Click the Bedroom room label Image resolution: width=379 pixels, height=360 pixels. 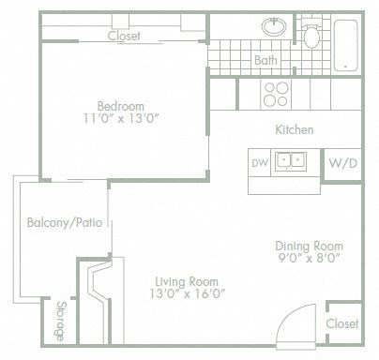(122, 104)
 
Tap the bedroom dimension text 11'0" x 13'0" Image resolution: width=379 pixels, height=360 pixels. (122, 119)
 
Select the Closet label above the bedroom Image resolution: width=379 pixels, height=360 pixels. (124, 37)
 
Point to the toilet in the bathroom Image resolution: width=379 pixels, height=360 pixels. (312, 35)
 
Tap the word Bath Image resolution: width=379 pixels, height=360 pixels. (265, 61)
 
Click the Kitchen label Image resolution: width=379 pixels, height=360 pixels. (294, 129)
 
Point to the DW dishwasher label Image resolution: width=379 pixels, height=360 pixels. (260, 162)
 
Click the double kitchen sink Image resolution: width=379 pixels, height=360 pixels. (296, 160)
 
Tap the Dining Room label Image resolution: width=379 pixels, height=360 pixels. (307, 246)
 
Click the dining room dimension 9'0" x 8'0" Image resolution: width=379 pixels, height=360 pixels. (307, 259)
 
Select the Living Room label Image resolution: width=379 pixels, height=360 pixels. (187, 281)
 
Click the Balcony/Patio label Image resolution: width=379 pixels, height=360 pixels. (64, 223)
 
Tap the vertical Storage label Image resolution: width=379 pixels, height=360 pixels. (60, 321)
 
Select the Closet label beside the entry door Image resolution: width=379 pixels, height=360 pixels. (342, 322)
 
